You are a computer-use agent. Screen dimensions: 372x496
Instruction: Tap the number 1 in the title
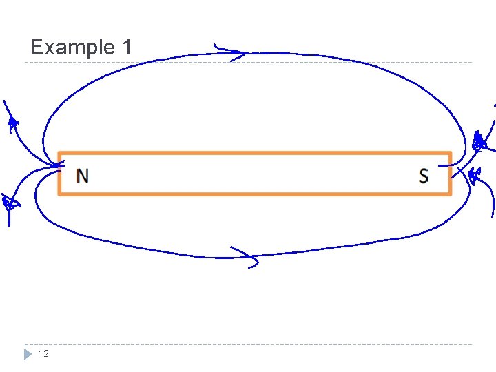[x=126, y=48]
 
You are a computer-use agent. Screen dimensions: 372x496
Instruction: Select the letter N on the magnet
[x=83, y=176]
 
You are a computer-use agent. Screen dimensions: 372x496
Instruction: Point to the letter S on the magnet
[x=424, y=176]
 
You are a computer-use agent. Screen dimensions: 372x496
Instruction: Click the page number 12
[x=43, y=353]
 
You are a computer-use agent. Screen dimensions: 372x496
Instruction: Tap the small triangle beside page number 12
[x=27, y=354]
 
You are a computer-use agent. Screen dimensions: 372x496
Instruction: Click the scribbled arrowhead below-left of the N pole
[x=9, y=203]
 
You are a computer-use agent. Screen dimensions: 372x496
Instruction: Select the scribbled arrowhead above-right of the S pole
[x=479, y=143]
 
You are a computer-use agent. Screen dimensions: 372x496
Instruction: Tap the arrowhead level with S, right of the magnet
[x=474, y=175]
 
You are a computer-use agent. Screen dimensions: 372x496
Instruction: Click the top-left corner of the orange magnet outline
[x=59, y=153]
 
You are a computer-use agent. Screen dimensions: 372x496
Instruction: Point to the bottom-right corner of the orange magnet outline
[x=450, y=194]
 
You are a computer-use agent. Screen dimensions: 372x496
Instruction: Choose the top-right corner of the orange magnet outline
[x=450, y=153]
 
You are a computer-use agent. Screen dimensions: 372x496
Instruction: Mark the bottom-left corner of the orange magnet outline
[x=59, y=194]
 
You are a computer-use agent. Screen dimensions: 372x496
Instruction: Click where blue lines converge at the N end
[x=56, y=166]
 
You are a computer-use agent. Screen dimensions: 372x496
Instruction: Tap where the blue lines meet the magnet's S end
[x=452, y=165]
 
